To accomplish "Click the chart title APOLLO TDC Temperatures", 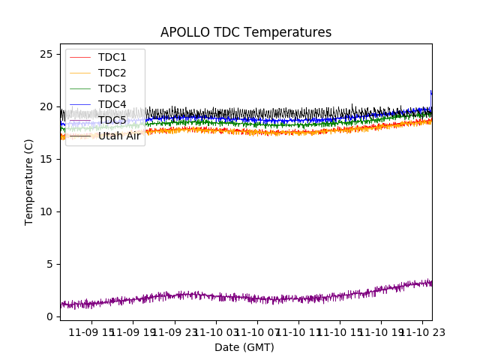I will coord(246,32).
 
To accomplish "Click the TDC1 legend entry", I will coord(112,57).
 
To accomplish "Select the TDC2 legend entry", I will coord(112,73).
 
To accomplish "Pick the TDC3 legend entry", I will coord(112,88).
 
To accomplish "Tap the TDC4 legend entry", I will coord(112,104).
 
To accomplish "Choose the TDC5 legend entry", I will coord(112,120).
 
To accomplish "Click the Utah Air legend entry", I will coord(119,136).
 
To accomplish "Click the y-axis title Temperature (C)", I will coord(29,181).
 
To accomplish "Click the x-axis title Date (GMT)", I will coord(244,347).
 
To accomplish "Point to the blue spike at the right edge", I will coord(431,92).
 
